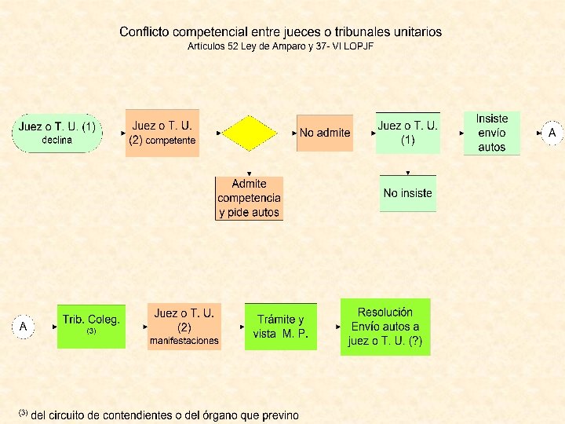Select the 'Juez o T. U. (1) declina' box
[x=56, y=133]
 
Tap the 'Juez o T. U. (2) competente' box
[x=162, y=133]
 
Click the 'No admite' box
[x=324, y=133]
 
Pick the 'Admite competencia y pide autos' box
[x=249, y=198]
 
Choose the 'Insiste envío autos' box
[x=491, y=133]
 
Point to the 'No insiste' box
[x=407, y=193]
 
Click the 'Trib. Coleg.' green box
[x=91, y=325]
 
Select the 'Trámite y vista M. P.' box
[x=280, y=326]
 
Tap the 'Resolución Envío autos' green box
[x=385, y=327]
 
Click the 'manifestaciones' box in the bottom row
[x=184, y=326]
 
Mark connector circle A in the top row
[x=552, y=133]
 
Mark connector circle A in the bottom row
[x=24, y=326]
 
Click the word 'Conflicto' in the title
[x=144, y=32]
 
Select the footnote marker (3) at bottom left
[x=23, y=412]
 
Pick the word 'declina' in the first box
[x=56, y=140]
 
